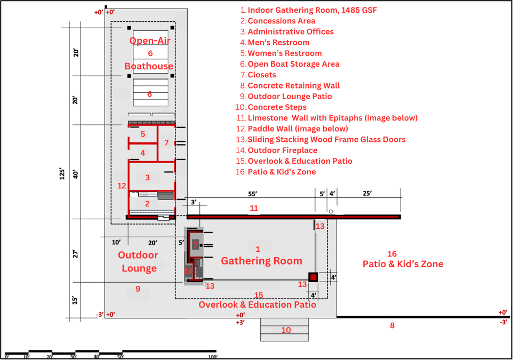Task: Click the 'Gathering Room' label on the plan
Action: coord(261,261)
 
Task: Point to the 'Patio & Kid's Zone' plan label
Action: coord(403,264)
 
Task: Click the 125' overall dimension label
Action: coord(62,174)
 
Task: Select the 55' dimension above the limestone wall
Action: coord(253,194)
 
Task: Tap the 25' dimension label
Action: coord(367,193)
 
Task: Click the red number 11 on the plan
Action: coord(254,208)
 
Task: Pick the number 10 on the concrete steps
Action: coord(286,330)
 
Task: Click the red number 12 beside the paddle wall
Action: coord(122,186)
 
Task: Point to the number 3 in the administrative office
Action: coord(148,178)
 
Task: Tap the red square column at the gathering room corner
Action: coord(313,277)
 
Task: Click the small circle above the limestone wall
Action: coord(331,211)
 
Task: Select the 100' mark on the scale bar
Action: coord(213,357)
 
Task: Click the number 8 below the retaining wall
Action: coord(392,325)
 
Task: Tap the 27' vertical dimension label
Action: coord(76,254)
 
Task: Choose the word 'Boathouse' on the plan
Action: coord(149,66)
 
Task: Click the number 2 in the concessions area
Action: coord(147,204)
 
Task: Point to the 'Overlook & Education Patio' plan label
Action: coord(258,305)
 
